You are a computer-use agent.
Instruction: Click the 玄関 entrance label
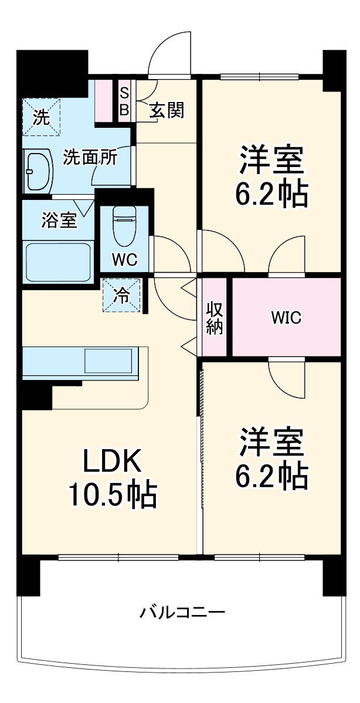pos(167,110)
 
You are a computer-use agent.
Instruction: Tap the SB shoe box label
pos(124,101)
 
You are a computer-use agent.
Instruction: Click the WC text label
pos(125,260)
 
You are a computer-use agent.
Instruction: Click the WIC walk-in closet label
pos(286,318)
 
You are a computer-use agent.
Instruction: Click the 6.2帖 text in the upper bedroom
pos(271,195)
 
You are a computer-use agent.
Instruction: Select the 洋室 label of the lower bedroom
pos(271,443)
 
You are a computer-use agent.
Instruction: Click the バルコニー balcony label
pos(182,613)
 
